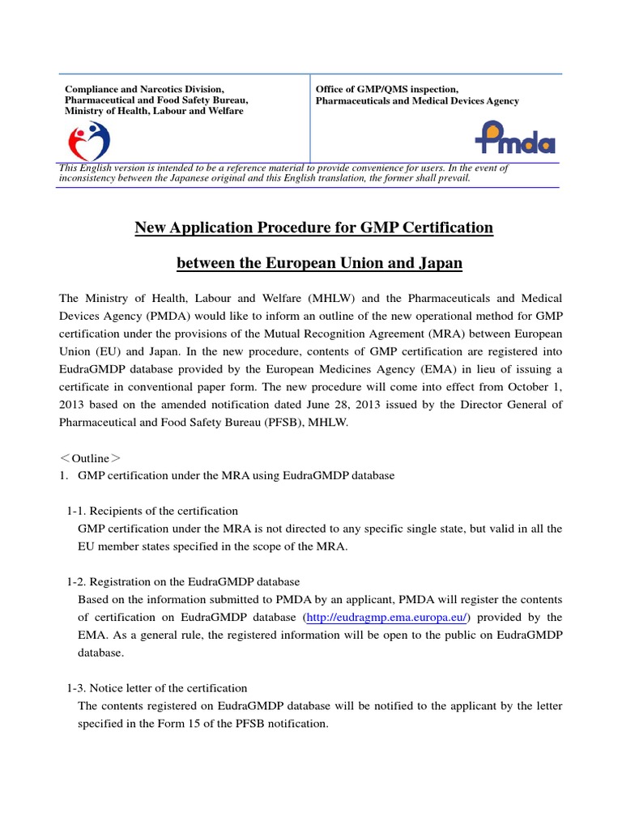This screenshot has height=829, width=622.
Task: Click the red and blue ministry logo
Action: click(x=87, y=140)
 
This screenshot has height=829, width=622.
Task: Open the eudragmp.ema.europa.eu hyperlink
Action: click(x=386, y=617)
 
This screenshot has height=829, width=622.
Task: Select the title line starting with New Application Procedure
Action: click(x=313, y=228)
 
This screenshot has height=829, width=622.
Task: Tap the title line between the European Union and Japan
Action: click(x=313, y=264)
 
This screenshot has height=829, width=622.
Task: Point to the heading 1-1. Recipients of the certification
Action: click(x=152, y=511)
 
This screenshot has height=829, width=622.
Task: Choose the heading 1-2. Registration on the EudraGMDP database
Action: click(x=183, y=582)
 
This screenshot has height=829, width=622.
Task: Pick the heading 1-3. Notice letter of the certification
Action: click(x=156, y=688)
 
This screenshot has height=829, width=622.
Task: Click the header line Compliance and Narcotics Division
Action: click(x=144, y=89)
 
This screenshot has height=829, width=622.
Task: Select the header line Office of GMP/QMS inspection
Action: click(x=387, y=89)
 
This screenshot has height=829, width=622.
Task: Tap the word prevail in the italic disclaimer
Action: click(x=450, y=178)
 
